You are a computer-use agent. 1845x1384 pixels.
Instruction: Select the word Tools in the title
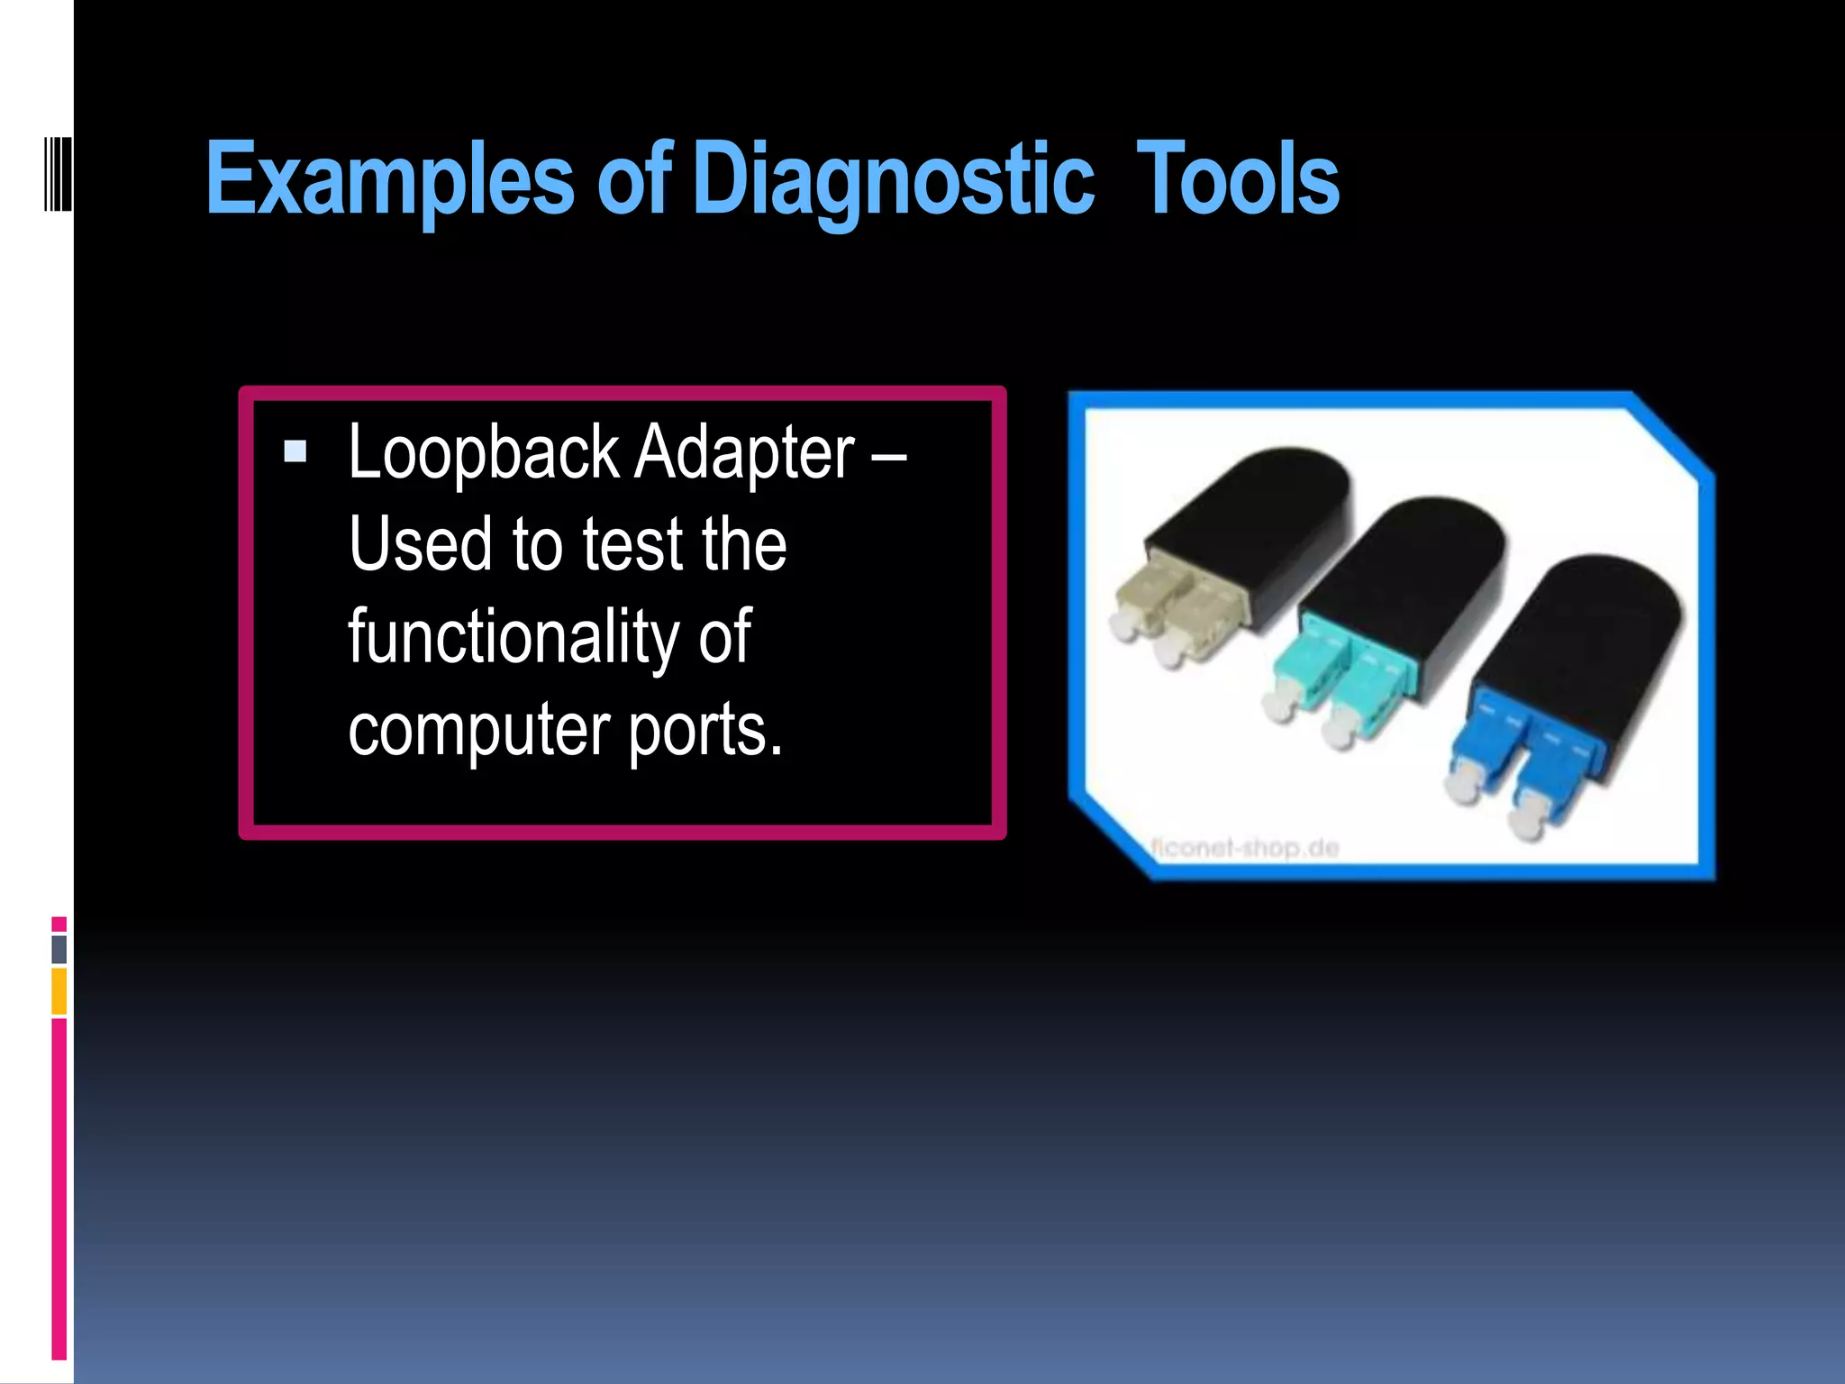point(1237,180)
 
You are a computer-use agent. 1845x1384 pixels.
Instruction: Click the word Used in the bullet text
point(420,544)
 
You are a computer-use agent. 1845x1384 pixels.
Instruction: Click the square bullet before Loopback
point(295,451)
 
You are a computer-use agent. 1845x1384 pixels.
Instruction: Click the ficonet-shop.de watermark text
point(1244,848)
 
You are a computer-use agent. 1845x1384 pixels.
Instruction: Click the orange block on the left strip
point(59,991)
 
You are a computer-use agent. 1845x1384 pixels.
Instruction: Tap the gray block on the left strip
point(59,949)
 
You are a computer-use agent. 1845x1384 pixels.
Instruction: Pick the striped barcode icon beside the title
point(58,173)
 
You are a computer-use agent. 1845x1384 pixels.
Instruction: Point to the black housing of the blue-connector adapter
point(1586,631)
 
